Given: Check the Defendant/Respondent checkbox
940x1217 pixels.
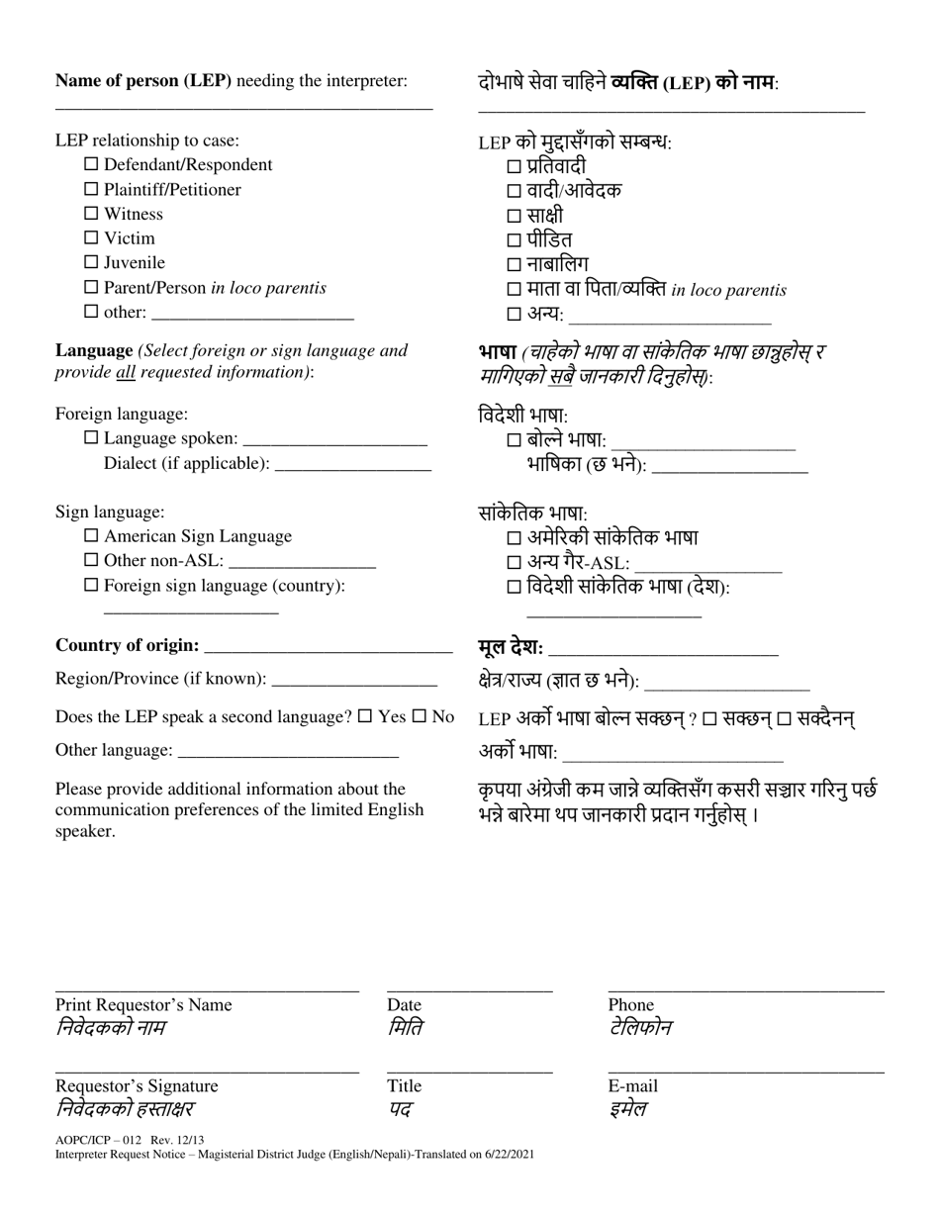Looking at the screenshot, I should pyautogui.click(x=91, y=164).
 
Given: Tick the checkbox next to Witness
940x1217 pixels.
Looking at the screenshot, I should pyautogui.click(x=91, y=214).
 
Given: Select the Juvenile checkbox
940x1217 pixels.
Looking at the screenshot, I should pyautogui.click(x=91, y=262).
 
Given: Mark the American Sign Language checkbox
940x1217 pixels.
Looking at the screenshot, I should pyautogui.click(x=91, y=536).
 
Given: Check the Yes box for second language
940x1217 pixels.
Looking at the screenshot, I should pyautogui.click(x=364, y=716).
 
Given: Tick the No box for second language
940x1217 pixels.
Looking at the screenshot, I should pyautogui.click(x=419, y=716).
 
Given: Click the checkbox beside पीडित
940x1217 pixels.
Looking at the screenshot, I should pyautogui.click(x=514, y=240).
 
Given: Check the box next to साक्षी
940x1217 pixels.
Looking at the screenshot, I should pyautogui.click(x=514, y=216).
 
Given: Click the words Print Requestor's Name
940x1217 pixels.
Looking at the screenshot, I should pyautogui.click(x=143, y=1005).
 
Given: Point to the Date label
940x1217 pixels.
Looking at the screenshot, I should pyautogui.click(x=404, y=1005).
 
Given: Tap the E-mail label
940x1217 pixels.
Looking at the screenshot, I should pyautogui.click(x=632, y=1086).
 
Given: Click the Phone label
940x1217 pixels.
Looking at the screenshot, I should pyautogui.click(x=630, y=1005).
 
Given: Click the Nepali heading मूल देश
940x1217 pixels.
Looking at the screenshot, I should pyautogui.click(x=509, y=648).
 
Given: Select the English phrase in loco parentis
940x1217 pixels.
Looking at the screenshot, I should pyautogui.click(x=268, y=288).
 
